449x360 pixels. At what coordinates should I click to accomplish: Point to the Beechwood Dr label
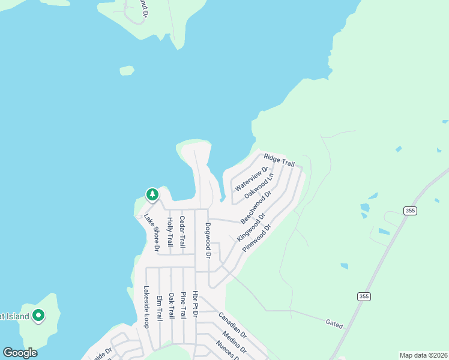click(256, 206)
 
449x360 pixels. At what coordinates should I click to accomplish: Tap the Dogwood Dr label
click(208, 240)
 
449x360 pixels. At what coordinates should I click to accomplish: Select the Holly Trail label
click(170, 232)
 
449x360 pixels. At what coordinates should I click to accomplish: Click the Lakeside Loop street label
click(146, 307)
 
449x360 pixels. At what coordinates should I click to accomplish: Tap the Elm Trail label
click(159, 308)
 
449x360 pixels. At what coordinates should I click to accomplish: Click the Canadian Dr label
click(233, 325)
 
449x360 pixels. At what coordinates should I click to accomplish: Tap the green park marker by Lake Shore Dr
click(152, 194)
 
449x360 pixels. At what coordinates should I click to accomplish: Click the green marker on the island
click(39, 315)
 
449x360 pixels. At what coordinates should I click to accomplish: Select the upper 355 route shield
click(410, 211)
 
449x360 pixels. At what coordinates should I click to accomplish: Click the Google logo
click(20, 353)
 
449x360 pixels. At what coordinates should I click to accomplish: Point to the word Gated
click(335, 325)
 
